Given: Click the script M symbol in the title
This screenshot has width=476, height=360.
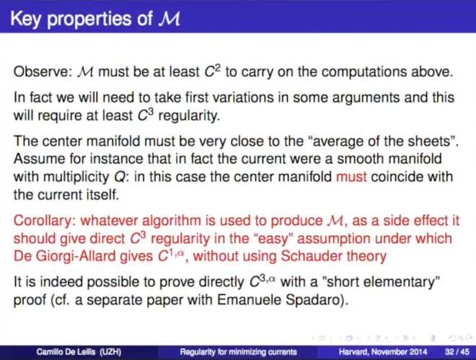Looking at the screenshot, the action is pos(169,19).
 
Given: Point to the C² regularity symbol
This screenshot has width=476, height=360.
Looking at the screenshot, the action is pos(212,71).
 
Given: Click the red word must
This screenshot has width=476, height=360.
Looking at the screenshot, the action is pos(351,177).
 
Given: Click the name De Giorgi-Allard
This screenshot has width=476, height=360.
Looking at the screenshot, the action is pos(65,256).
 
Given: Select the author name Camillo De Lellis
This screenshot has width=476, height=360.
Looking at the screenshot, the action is pos(66,352).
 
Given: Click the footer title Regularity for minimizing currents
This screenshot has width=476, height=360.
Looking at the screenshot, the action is pos(238,352).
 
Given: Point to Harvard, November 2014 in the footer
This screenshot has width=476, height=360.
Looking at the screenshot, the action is pos(383,352).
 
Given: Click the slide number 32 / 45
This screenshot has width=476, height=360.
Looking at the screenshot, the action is pos(457,352).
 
